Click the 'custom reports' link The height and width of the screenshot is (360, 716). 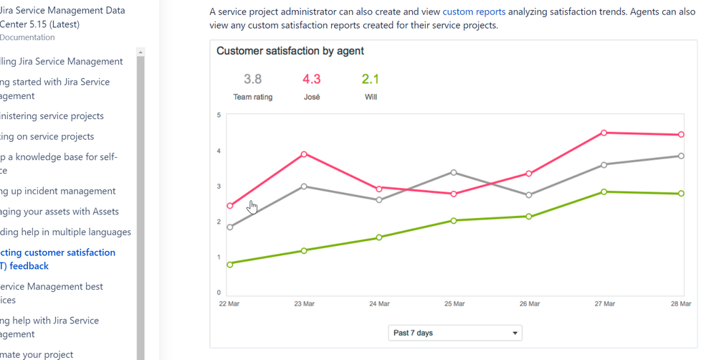(x=474, y=11)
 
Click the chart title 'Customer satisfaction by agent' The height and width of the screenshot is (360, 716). (x=290, y=51)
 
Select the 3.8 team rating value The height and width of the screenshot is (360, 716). (x=252, y=79)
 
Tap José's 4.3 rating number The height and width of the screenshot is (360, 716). (x=311, y=79)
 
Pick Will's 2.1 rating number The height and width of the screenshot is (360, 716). (x=371, y=79)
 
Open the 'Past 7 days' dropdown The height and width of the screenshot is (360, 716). (x=455, y=333)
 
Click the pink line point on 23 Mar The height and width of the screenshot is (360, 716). (x=305, y=154)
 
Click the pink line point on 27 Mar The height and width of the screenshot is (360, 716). (x=604, y=133)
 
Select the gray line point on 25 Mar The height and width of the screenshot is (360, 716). (x=454, y=172)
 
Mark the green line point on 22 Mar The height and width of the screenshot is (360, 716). (x=230, y=265)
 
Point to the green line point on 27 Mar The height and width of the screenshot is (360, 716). (x=604, y=191)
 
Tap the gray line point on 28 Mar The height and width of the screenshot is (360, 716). (x=681, y=156)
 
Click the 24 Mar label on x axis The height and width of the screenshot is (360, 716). (x=379, y=304)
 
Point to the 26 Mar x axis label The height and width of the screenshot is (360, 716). (x=529, y=304)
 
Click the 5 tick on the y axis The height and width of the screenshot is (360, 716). (x=219, y=115)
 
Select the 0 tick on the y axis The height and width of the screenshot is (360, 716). (x=219, y=293)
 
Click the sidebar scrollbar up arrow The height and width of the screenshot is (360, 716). (x=140, y=52)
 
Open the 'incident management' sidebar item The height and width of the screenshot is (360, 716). (x=57, y=191)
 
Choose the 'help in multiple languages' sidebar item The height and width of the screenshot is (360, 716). (x=65, y=232)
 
